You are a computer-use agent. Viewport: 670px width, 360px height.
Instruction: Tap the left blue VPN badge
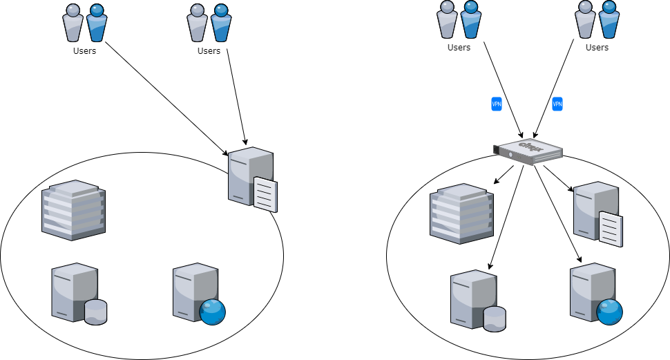point(497,104)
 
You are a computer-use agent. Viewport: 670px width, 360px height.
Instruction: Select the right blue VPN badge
point(557,104)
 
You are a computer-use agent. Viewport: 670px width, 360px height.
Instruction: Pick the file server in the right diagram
point(597,213)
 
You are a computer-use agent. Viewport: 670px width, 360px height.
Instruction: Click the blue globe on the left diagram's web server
point(212,311)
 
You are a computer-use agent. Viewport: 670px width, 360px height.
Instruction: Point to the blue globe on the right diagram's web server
point(610,311)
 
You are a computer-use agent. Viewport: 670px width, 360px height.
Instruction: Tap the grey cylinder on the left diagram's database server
point(95,312)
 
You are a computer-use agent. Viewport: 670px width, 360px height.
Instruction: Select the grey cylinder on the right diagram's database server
point(495,319)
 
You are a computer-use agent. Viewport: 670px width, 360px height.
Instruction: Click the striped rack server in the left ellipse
point(73,210)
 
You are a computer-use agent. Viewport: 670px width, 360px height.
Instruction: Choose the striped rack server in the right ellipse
point(461,214)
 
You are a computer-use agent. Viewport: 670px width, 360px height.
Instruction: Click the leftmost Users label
point(85,50)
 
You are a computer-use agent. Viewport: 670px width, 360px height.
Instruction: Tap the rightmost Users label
point(597,48)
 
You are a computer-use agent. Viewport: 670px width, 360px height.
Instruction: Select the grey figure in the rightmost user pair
point(586,19)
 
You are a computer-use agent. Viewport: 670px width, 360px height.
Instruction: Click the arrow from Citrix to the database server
point(508,216)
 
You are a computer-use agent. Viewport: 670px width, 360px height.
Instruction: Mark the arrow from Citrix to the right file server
point(557,177)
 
